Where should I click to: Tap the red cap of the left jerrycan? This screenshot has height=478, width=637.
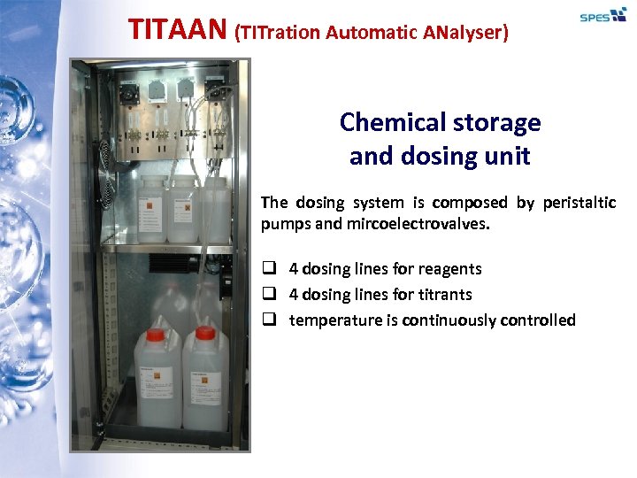pyautogui.click(x=156, y=335)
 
